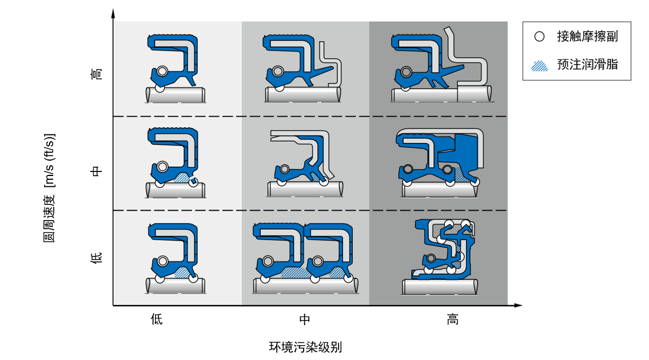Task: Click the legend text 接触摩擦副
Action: click(587, 37)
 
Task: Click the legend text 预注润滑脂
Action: click(587, 64)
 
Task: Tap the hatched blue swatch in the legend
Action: click(539, 65)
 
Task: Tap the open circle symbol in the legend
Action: click(539, 37)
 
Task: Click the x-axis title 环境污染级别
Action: click(305, 347)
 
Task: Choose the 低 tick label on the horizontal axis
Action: click(157, 319)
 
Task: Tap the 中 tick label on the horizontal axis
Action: click(305, 319)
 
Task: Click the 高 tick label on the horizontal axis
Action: click(452, 319)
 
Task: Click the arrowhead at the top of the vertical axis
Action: click(113, 12)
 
